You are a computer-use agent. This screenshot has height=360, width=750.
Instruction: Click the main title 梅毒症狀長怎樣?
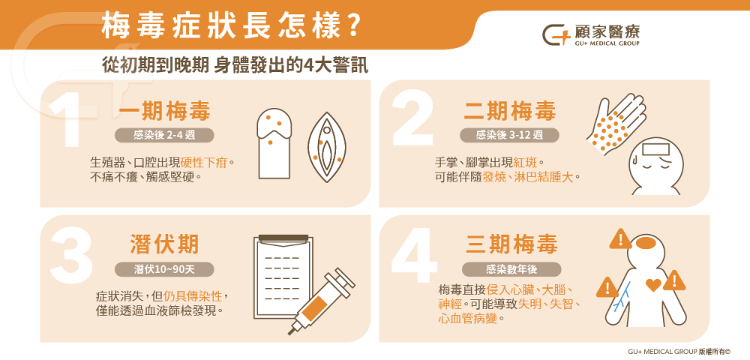click(228, 28)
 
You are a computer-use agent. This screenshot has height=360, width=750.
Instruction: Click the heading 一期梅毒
click(164, 112)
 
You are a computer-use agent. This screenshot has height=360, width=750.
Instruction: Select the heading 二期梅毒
click(510, 112)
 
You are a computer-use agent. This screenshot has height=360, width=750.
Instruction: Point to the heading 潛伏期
click(164, 244)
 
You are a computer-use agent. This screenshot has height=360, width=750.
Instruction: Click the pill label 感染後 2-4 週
click(163, 136)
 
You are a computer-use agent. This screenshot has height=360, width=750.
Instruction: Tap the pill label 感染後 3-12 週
click(510, 136)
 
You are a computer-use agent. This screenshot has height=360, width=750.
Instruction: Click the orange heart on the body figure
click(652, 285)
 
